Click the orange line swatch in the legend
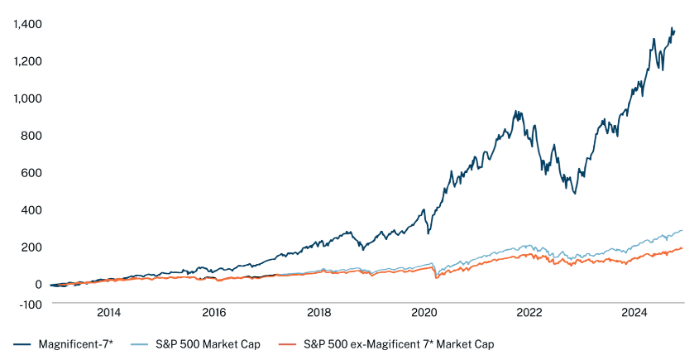click(x=290, y=343)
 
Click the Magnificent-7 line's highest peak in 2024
click(x=671, y=28)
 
